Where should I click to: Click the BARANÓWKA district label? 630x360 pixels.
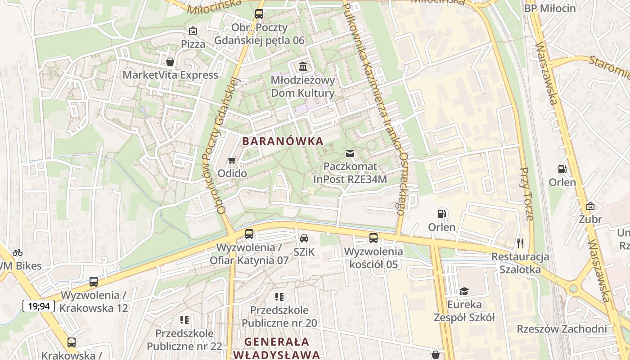(x=283, y=141)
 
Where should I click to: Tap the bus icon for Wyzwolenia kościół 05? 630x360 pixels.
(x=373, y=238)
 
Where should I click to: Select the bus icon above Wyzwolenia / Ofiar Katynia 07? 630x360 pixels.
(x=249, y=234)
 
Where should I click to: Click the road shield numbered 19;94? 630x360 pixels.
(x=39, y=306)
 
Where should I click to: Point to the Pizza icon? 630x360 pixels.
(x=193, y=31)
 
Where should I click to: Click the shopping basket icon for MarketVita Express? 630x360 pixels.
(x=170, y=62)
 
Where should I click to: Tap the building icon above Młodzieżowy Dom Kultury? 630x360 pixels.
(x=303, y=67)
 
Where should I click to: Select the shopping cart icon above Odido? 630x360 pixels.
(x=232, y=160)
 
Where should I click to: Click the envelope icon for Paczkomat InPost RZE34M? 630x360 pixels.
(x=350, y=153)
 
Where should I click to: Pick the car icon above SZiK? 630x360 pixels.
(x=304, y=238)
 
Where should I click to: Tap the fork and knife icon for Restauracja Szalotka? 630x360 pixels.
(x=521, y=243)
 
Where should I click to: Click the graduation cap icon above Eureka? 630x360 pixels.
(x=464, y=291)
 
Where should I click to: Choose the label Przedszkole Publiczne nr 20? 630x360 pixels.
(x=279, y=316)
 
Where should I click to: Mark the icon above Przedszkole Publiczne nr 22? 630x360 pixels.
(x=184, y=320)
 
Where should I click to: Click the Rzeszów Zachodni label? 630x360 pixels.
(x=562, y=329)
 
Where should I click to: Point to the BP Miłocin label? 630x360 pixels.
(x=550, y=9)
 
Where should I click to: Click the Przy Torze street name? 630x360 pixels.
(x=526, y=194)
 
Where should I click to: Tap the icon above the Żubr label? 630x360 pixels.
(x=590, y=206)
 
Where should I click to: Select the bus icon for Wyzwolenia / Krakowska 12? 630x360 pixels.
(x=94, y=282)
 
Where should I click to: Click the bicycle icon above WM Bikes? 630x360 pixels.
(x=18, y=252)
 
